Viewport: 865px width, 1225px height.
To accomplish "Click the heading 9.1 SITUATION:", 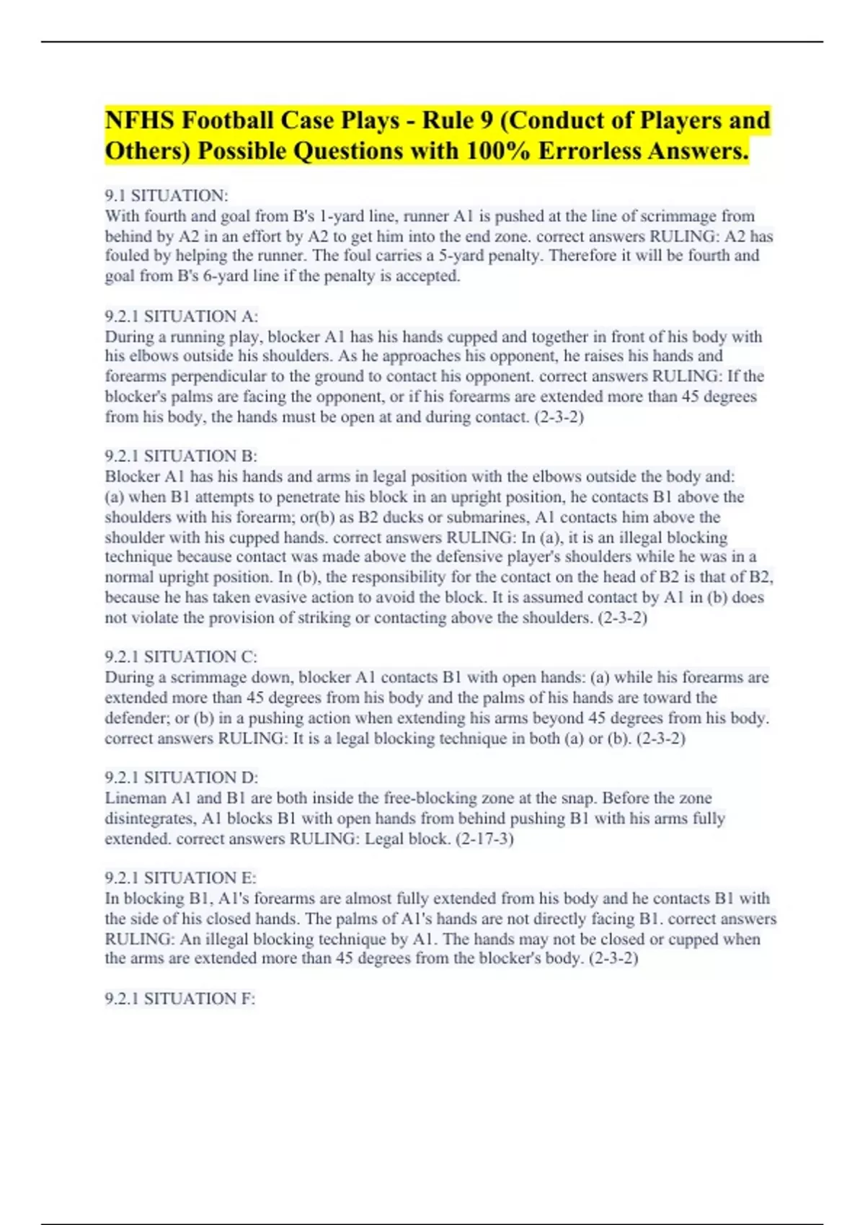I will (x=166, y=196).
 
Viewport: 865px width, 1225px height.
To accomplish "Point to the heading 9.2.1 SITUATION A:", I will (x=181, y=316).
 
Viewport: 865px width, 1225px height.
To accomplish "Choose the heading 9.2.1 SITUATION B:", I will (x=181, y=456).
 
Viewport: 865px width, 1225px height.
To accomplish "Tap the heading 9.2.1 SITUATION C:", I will (x=181, y=656).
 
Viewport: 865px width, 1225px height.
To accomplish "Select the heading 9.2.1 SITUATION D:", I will (x=181, y=778).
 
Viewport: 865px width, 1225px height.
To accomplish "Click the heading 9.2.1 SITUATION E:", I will (x=180, y=878).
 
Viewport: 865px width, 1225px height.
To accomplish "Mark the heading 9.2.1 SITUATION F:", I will (x=180, y=999).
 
